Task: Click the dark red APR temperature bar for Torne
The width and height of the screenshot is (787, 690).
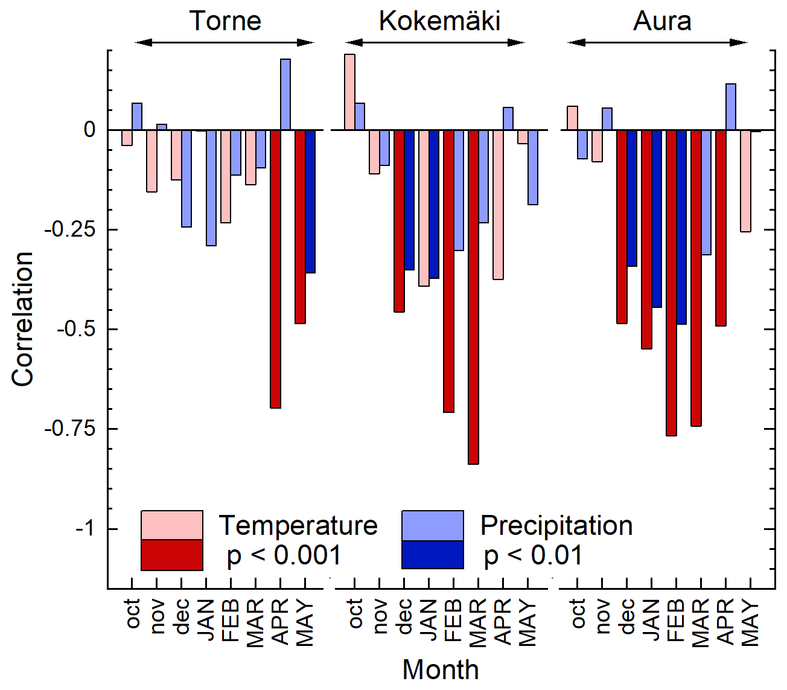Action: [x=275, y=269]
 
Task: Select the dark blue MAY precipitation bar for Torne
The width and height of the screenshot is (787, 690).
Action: [x=310, y=201]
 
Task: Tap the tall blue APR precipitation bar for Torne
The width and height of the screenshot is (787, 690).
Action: [x=285, y=94]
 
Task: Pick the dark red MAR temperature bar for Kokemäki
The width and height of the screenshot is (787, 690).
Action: [x=473, y=296]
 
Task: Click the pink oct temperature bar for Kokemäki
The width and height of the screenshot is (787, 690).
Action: [x=349, y=92]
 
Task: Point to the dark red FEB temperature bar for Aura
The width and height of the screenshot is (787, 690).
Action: [x=671, y=283]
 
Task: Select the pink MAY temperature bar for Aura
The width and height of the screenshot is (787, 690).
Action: [x=745, y=180]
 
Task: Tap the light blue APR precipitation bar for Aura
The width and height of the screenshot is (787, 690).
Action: [x=730, y=107]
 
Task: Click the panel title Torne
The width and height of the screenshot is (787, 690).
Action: [x=225, y=21]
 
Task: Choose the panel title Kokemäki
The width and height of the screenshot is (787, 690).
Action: [x=439, y=21]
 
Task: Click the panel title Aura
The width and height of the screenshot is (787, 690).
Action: [x=662, y=21]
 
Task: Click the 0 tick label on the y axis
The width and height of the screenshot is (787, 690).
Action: [x=90, y=130]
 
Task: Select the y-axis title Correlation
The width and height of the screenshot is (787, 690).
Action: [x=22, y=319]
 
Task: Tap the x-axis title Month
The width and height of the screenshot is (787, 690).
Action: [x=441, y=669]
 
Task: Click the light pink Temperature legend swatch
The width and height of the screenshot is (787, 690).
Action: [x=171, y=525]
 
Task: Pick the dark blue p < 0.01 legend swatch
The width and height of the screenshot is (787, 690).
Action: [x=432, y=555]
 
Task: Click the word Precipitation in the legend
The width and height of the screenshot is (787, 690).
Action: [x=556, y=525]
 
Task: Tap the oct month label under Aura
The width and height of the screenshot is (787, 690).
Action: [x=578, y=613]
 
